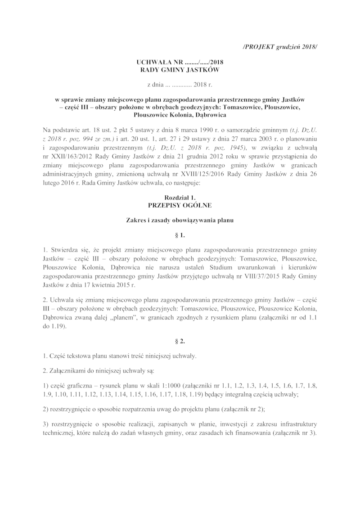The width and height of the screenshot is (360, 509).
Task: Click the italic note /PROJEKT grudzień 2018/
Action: [280, 47]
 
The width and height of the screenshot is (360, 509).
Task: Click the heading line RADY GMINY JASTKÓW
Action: [180, 71]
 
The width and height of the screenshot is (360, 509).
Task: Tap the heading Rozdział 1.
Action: [180, 198]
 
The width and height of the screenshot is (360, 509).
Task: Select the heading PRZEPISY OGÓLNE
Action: [180, 205]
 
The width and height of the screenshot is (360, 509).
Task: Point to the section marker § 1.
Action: [180, 235]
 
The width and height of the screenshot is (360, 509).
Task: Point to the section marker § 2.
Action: [180, 341]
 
